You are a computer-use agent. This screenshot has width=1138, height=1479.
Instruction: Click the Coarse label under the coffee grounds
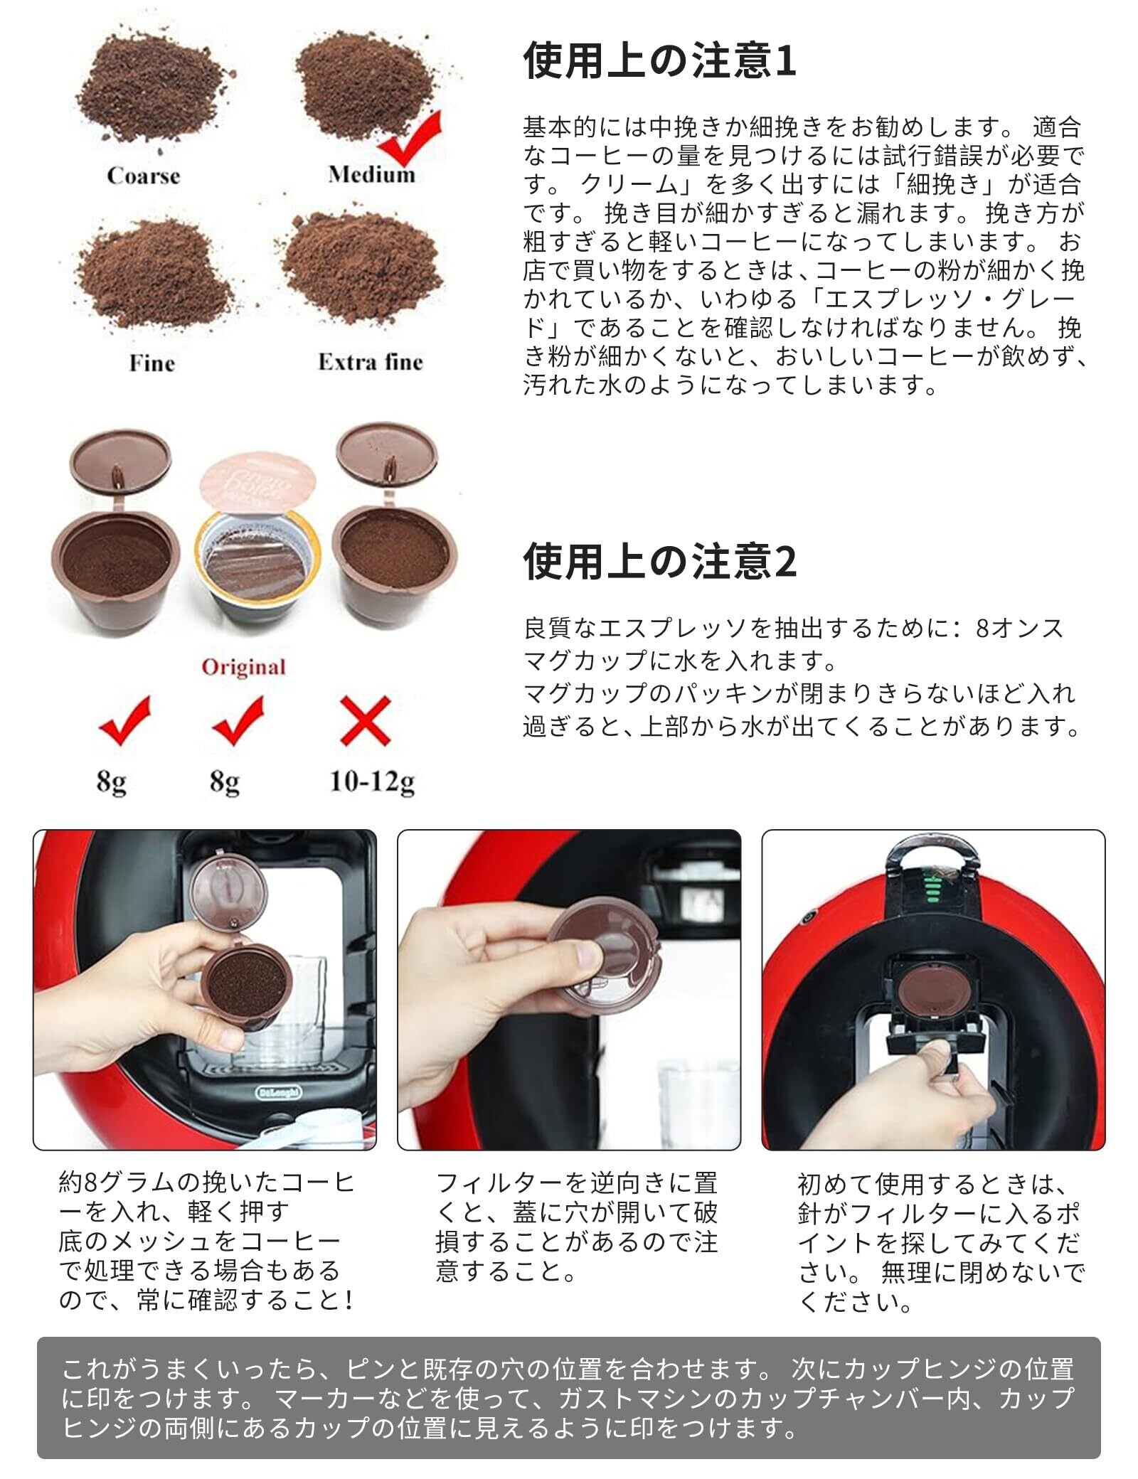tap(144, 176)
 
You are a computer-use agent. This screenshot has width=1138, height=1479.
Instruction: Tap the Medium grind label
tap(371, 174)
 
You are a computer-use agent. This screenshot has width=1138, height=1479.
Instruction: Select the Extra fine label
tap(371, 362)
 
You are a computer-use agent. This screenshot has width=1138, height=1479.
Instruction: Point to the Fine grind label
tap(151, 363)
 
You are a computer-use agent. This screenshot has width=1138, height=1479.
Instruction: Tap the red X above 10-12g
tap(366, 721)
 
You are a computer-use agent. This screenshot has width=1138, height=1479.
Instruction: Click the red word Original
tap(243, 667)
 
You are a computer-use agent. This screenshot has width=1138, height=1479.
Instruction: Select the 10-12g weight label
tap(371, 782)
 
